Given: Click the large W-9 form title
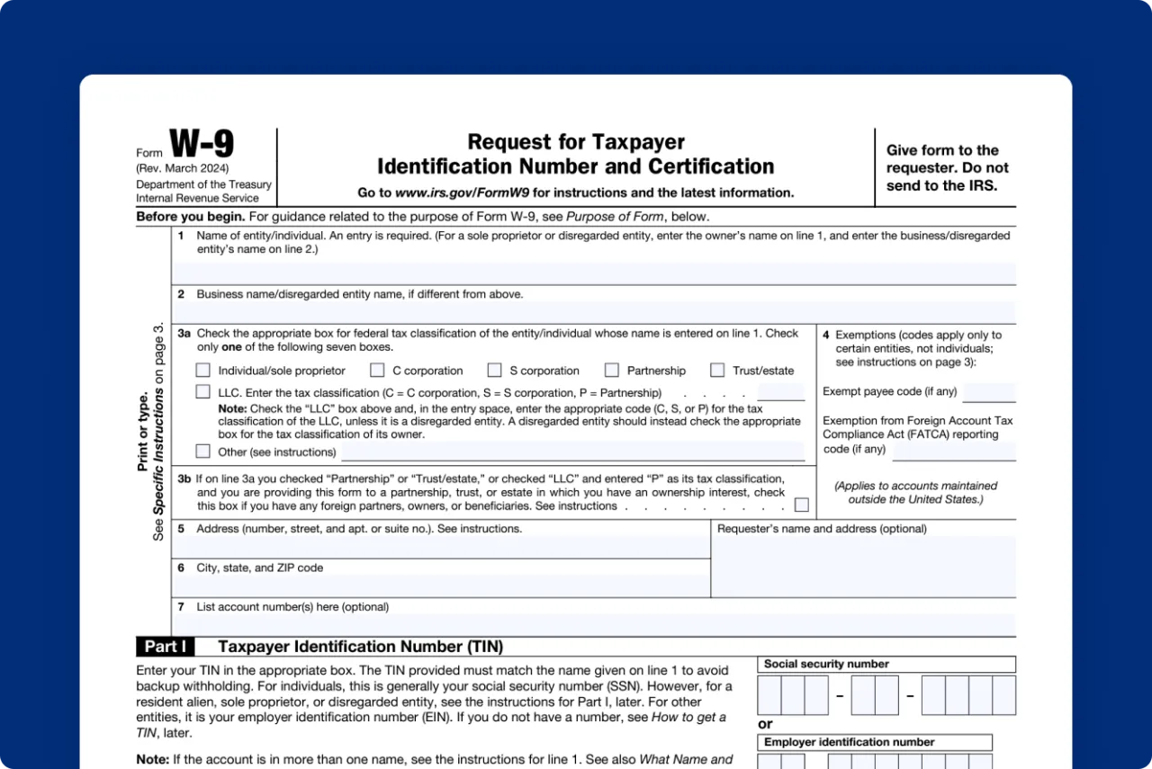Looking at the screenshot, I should coord(202,144).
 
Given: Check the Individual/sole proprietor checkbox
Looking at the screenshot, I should coord(203,370).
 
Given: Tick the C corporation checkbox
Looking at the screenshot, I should coord(378,370).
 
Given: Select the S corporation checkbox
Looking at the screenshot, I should coord(495,370).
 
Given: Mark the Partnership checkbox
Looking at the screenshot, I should coord(612,370).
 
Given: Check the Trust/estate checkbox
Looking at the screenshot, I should coord(717,370).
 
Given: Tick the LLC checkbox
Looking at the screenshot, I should coord(203,392).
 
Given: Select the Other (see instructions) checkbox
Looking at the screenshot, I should coord(203,452).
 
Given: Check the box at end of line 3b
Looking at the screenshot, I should coord(801,505).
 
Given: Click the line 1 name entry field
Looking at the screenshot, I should coord(593,273).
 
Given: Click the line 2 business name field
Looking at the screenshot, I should coord(593,311).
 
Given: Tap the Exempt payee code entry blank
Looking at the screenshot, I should coord(988,392).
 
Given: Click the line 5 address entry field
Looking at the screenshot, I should coord(440,547).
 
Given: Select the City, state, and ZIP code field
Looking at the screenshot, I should coord(440,586).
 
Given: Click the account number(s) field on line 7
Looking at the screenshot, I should coord(593,624).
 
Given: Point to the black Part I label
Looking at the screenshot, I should coord(166,647).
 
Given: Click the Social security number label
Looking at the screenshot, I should coord(826,664).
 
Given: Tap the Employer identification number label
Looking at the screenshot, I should coord(850,742).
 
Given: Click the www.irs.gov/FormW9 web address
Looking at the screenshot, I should coord(463,192).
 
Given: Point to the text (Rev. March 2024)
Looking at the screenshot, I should coord(183,168).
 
